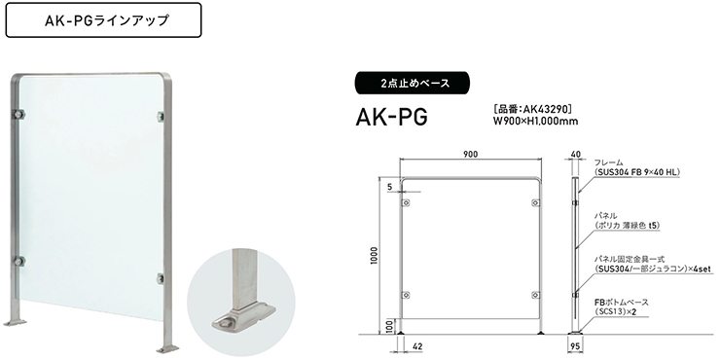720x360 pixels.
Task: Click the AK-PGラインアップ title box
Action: point(100,19)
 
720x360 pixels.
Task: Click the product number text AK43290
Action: point(538,109)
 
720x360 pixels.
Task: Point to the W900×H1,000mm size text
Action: point(535,122)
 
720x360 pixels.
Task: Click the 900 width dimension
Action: point(471,155)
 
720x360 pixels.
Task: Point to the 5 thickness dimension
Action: point(387,185)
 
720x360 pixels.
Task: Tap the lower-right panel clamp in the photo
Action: point(162,279)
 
